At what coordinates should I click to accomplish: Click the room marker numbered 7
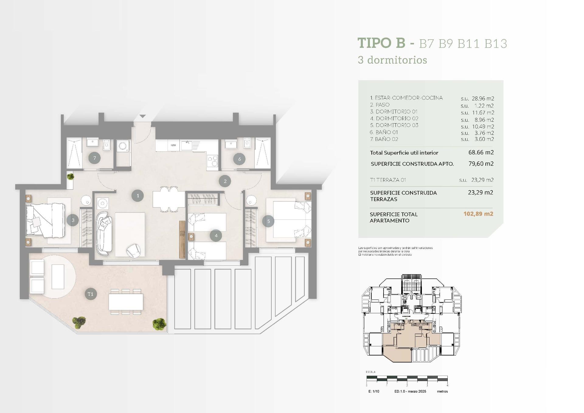[x=95, y=158]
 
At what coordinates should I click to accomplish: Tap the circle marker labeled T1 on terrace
[x=90, y=294]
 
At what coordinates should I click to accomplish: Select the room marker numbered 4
[x=216, y=235]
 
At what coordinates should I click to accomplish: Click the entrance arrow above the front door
[x=143, y=117]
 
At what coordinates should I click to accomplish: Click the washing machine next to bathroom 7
[x=123, y=146]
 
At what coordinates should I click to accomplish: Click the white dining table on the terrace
[x=126, y=302]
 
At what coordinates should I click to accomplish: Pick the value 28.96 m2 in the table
[x=483, y=99]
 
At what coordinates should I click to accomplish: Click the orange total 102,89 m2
[x=478, y=214]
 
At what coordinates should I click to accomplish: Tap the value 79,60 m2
[x=481, y=164]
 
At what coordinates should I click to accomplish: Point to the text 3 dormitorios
[x=392, y=60]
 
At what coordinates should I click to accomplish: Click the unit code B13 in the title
[x=496, y=44]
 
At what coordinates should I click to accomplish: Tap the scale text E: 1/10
[x=374, y=391]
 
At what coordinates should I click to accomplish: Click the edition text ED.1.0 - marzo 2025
[x=410, y=391]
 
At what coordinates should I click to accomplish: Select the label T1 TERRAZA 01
[x=388, y=180]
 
